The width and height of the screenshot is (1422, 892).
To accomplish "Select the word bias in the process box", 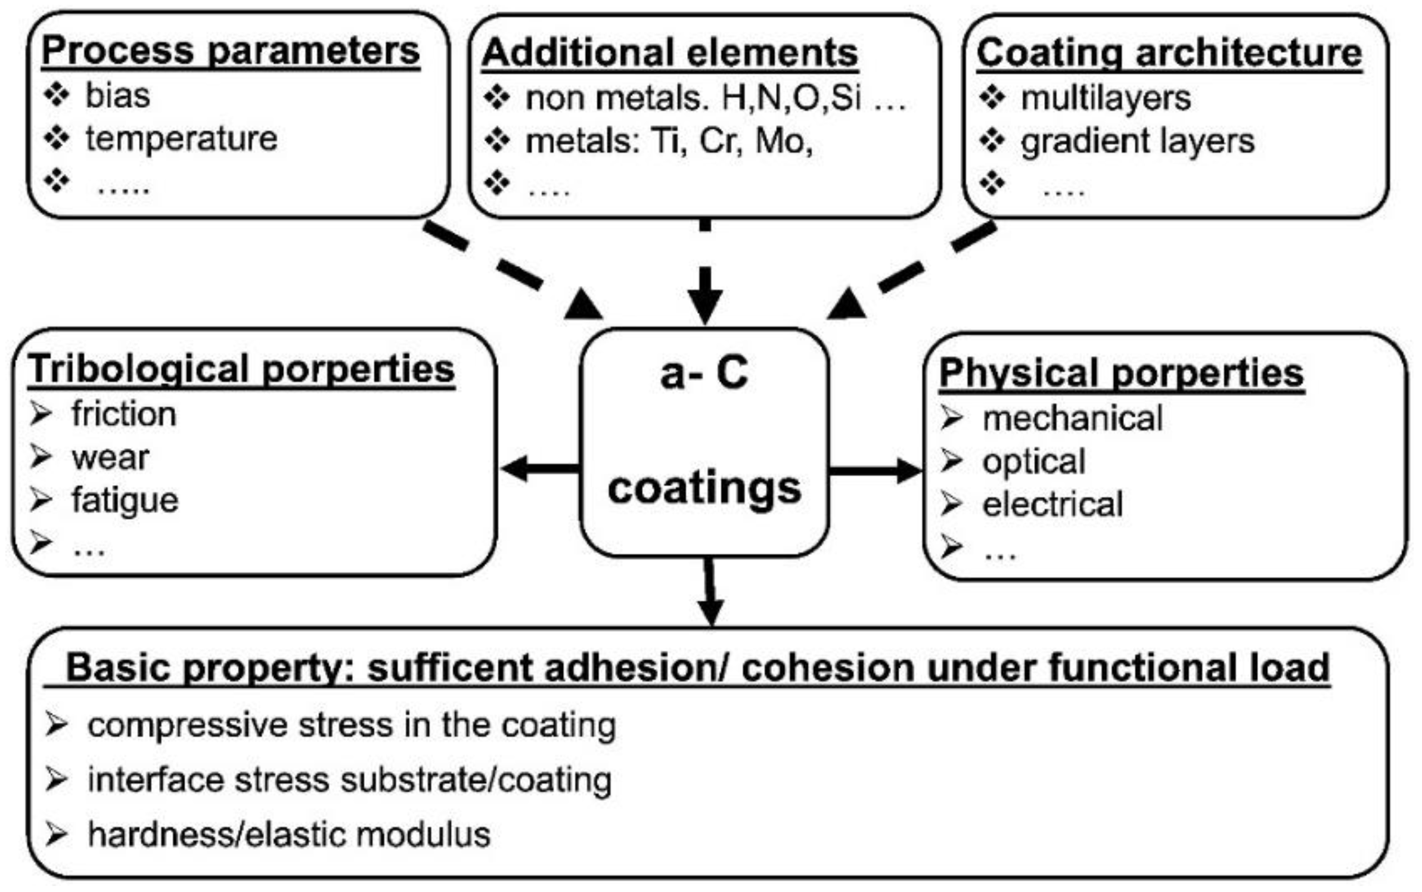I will [117, 95].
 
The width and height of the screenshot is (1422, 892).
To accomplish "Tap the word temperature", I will [181, 139].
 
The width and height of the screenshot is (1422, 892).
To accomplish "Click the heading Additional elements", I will [669, 53].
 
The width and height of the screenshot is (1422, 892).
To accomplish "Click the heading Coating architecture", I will [1169, 53].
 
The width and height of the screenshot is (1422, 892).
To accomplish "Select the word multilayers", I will [1105, 98].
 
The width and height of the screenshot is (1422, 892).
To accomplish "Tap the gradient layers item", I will [1137, 141].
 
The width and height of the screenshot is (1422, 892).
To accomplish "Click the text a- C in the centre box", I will [704, 373].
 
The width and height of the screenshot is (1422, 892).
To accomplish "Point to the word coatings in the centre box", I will [704, 489].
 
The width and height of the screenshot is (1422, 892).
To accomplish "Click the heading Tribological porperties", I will [241, 369].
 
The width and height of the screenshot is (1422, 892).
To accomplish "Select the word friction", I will [124, 414].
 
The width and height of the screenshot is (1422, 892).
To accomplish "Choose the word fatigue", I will [125, 500].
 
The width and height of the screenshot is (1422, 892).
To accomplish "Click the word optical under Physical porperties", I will [1033, 462].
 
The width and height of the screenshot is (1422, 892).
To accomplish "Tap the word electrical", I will [1052, 505].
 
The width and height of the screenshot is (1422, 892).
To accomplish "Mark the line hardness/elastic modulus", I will [289, 834].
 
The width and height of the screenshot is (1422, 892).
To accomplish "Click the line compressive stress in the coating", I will [352, 726].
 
